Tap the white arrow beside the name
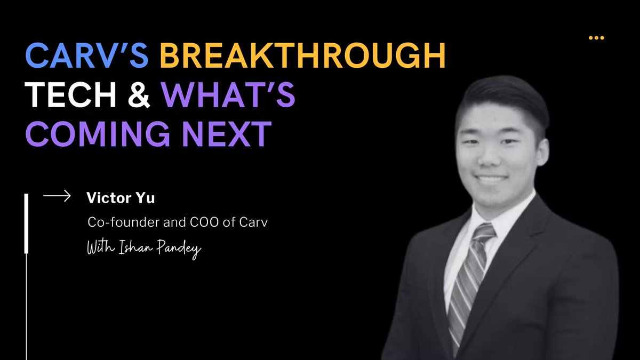pyautogui.click(x=57, y=197)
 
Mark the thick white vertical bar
pyautogui.click(x=27, y=224)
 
